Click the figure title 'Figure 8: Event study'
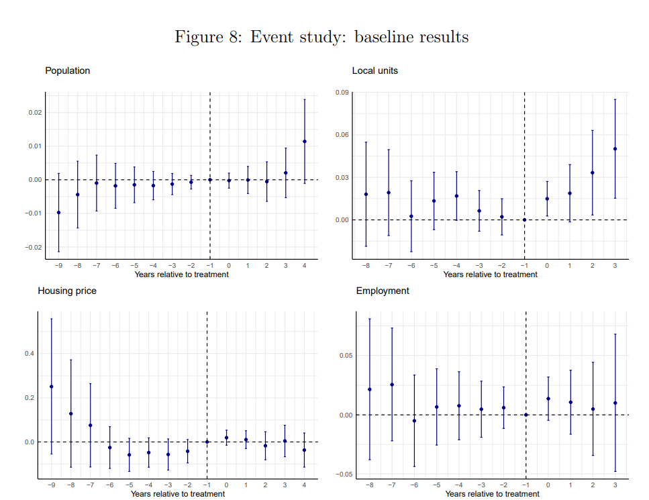tap(321, 37)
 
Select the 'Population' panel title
tap(67, 70)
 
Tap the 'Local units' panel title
tap(375, 70)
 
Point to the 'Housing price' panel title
tap(67, 291)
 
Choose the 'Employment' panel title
tap(383, 291)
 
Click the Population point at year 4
tap(305, 142)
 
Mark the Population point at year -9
tap(58, 213)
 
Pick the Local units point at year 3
tap(615, 149)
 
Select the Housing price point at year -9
tap(52, 387)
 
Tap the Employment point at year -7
tap(392, 385)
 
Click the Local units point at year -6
tap(411, 216)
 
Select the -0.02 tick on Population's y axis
tap(35, 248)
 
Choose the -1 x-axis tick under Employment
tap(526, 485)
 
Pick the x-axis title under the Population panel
tap(181, 274)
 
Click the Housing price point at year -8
tap(71, 413)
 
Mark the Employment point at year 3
tap(615, 403)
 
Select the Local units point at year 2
tap(592, 172)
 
